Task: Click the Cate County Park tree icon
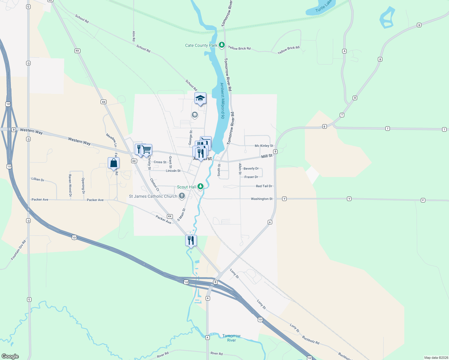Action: pyautogui.click(x=221, y=45)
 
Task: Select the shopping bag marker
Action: pyautogui.click(x=113, y=163)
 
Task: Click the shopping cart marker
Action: pyautogui.click(x=146, y=149)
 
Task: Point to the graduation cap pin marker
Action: pyautogui.click(x=200, y=98)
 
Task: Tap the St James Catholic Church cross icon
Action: pyautogui.click(x=182, y=196)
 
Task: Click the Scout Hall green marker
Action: pyautogui.click(x=200, y=187)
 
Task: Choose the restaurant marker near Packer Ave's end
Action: pyautogui.click(x=191, y=240)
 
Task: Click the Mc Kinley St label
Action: pyautogui.click(x=264, y=146)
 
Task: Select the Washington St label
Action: pyautogui.click(x=261, y=199)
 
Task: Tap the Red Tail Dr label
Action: pyautogui.click(x=264, y=186)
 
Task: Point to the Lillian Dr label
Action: pyautogui.click(x=38, y=179)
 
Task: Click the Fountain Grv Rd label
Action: pyautogui.click(x=18, y=250)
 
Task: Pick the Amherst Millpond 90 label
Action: pyautogui.click(x=222, y=101)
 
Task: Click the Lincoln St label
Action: pyautogui.click(x=173, y=171)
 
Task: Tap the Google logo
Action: pyautogui.click(x=10, y=356)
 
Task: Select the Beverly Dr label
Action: pyautogui.click(x=251, y=169)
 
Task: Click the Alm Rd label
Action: pyautogui.click(x=134, y=36)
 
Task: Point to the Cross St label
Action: pyautogui.click(x=160, y=162)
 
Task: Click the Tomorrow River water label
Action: pyautogui.click(x=231, y=338)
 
